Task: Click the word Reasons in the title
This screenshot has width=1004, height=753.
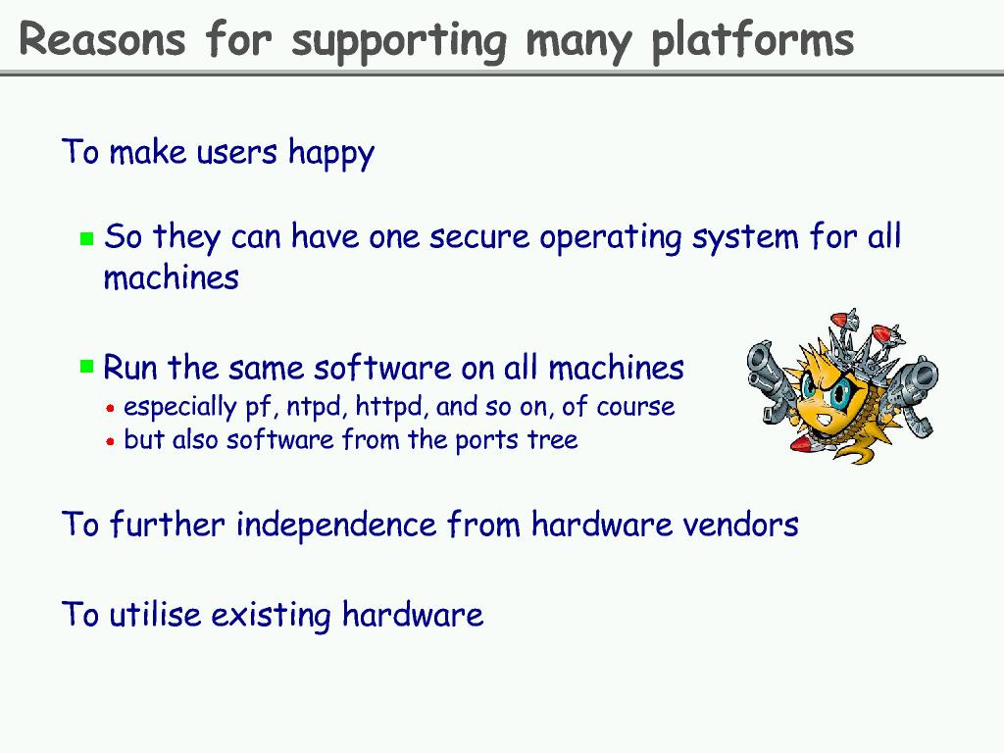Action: [102, 39]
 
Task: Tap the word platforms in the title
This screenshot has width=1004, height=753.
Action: [752, 42]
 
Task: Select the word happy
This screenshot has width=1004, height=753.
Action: [331, 154]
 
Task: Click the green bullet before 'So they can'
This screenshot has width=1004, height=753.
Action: [87, 239]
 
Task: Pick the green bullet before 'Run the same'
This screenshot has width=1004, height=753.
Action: [87, 367]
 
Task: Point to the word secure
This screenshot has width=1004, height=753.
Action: [478, 237]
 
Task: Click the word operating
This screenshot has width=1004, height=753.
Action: [610, 239]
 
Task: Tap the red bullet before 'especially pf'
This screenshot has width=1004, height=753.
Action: [110, 408]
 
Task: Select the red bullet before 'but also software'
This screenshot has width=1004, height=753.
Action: [110, 441]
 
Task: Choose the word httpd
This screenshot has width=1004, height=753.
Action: [391, 407]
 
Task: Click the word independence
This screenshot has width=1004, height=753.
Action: [336, 525]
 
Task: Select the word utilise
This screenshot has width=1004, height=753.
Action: [156, 614]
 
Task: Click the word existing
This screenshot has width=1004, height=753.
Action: [271, 616]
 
